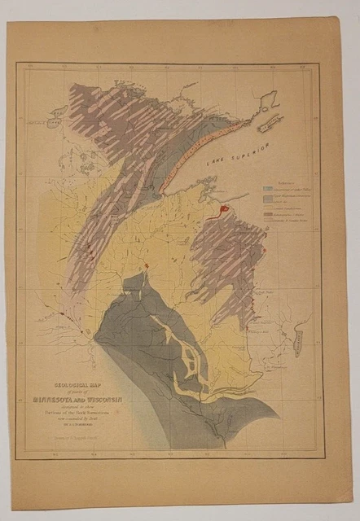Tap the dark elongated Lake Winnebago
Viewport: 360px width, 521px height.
pyautogui.click(x=299, y=337)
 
